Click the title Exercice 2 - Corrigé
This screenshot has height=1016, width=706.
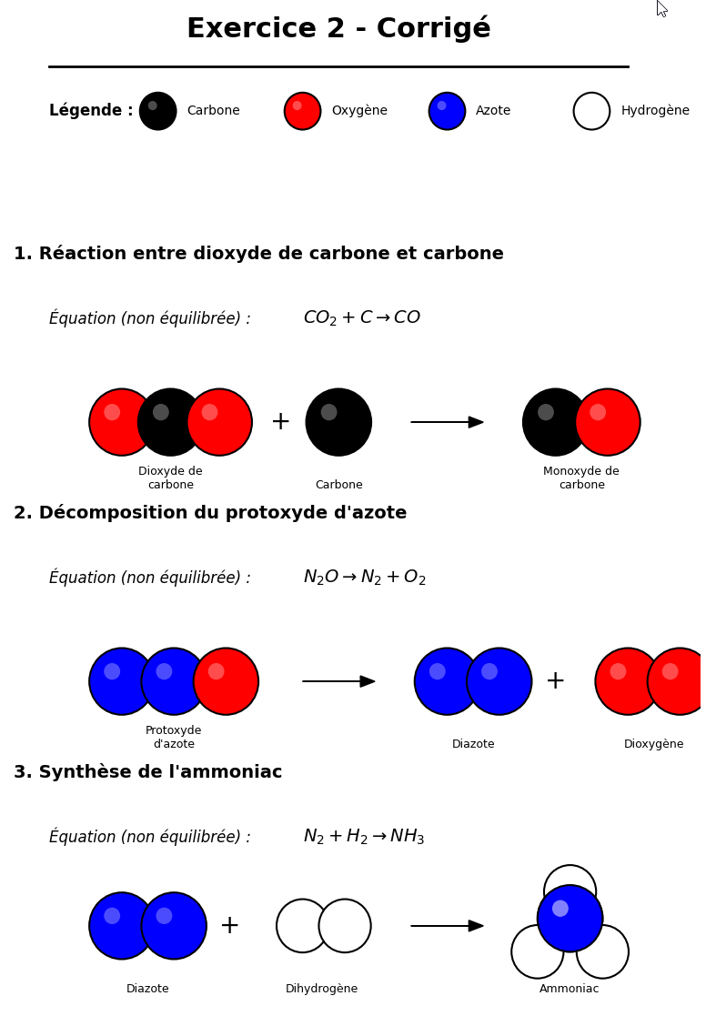pos(338,29)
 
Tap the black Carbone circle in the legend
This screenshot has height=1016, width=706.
pos(158,111)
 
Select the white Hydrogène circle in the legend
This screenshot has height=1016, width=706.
pos(591,111)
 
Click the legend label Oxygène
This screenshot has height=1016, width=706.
pos(359,111)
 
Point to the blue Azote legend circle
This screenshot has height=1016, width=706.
pos(447,111)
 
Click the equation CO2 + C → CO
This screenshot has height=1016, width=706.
pos(361,318)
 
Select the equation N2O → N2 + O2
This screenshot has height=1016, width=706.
pos(364,578)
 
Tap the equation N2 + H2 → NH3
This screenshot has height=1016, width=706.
pos(363,837)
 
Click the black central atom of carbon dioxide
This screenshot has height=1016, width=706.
pos(170,422)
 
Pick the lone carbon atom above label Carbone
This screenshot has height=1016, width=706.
pos(338,422)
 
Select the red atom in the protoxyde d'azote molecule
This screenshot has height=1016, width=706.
pos(227,681)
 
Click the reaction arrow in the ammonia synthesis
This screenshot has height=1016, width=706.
pos(446,926)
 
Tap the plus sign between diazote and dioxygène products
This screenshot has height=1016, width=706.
pos(555,681)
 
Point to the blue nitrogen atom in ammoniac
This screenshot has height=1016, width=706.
pos(570,919)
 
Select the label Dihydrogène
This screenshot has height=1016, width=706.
pos(321,989)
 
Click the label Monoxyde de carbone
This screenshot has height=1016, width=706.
pos(580,478)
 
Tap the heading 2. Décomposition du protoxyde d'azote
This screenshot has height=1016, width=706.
pos(210,513)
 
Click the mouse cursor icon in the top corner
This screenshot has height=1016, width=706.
pos(661,8)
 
